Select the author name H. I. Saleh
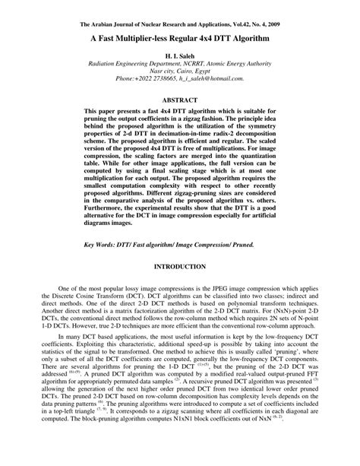pos(180,57)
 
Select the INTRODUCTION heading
pos(180,267)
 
